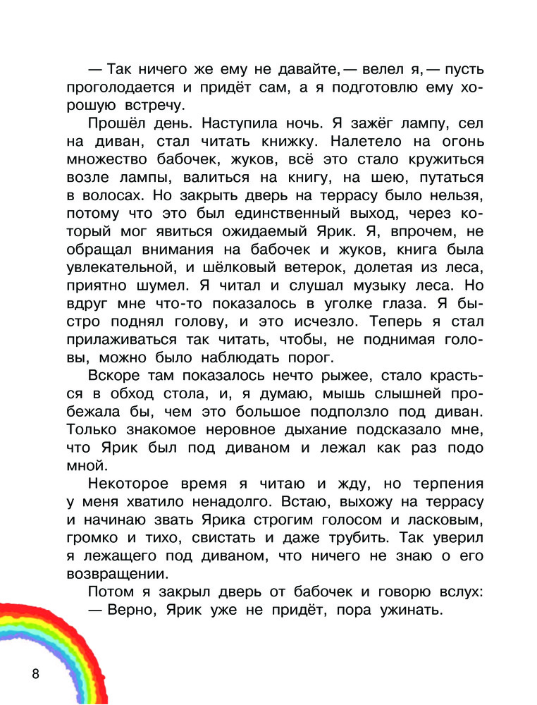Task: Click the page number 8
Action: point(36,673)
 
